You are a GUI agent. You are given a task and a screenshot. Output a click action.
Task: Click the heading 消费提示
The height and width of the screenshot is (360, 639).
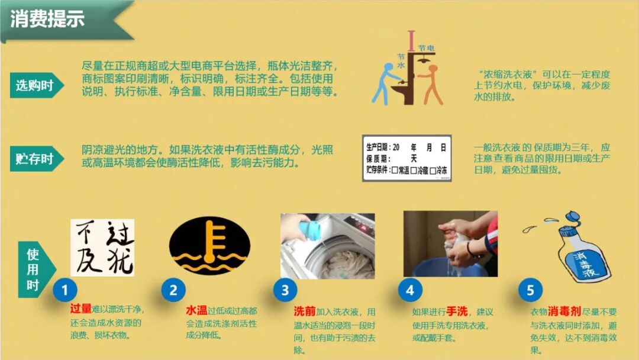(x=47, y=19)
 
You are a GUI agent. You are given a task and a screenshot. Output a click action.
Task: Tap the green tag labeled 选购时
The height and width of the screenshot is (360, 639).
(x=37, y=85)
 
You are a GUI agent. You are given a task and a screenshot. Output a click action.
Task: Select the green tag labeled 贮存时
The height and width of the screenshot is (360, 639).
(x=37, y=159)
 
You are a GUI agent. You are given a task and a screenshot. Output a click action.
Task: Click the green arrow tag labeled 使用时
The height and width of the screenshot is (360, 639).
(x=36, y=269)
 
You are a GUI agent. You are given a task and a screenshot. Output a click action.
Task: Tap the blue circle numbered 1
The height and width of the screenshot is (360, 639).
(x=65, y=290)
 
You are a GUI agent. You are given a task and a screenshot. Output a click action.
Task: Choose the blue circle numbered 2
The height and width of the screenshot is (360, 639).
(x=173, y=290)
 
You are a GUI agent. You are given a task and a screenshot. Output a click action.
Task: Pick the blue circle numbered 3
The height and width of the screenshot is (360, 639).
(x=285, y=290)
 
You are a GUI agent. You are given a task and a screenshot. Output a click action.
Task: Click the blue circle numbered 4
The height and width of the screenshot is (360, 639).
(x=410, y=290)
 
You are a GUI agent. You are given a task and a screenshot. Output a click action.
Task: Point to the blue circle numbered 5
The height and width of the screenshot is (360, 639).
(x=530, y=290)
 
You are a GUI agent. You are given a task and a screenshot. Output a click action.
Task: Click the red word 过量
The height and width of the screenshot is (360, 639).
(x=80, y=309)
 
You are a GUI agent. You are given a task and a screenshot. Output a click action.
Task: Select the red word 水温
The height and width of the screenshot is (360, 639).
(x=196, y=311)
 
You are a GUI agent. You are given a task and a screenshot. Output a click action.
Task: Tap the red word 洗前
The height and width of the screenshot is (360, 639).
(x=305, y=311)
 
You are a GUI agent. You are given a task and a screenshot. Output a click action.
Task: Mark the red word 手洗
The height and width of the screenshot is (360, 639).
(x=457, y=312)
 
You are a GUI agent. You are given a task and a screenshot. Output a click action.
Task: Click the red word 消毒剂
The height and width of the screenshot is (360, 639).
(x=564, y=311)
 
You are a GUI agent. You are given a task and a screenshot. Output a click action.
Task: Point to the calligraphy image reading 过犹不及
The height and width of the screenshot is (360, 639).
(x=102, y=247)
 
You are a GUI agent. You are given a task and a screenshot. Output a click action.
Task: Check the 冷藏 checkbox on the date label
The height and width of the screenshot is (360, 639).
(x=413, y=171)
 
